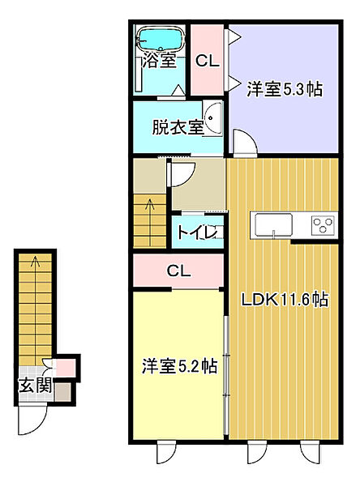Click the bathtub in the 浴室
(161, 40)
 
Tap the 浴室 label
(159, 60)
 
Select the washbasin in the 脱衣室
(213, 117)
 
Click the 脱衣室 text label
(178, 127)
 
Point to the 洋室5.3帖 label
(285, 89)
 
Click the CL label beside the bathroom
(208, 61)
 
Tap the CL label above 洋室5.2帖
(178, 271)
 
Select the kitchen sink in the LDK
(273, 226)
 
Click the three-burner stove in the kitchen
(324, 225)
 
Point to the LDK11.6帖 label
(285, 300)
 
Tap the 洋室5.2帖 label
(179, 366)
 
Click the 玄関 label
(35, 386)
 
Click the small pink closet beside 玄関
(66, 368)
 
